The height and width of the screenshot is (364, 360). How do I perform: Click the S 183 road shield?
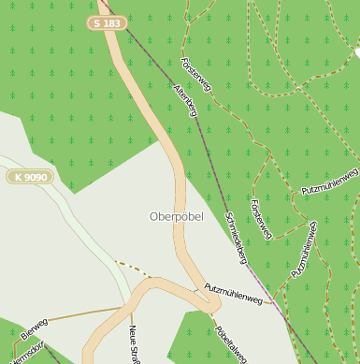[x=108, y=22]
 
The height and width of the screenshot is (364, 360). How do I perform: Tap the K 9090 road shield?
[x=32, y=176]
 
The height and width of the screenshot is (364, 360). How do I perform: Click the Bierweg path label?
[x=34, y=328]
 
